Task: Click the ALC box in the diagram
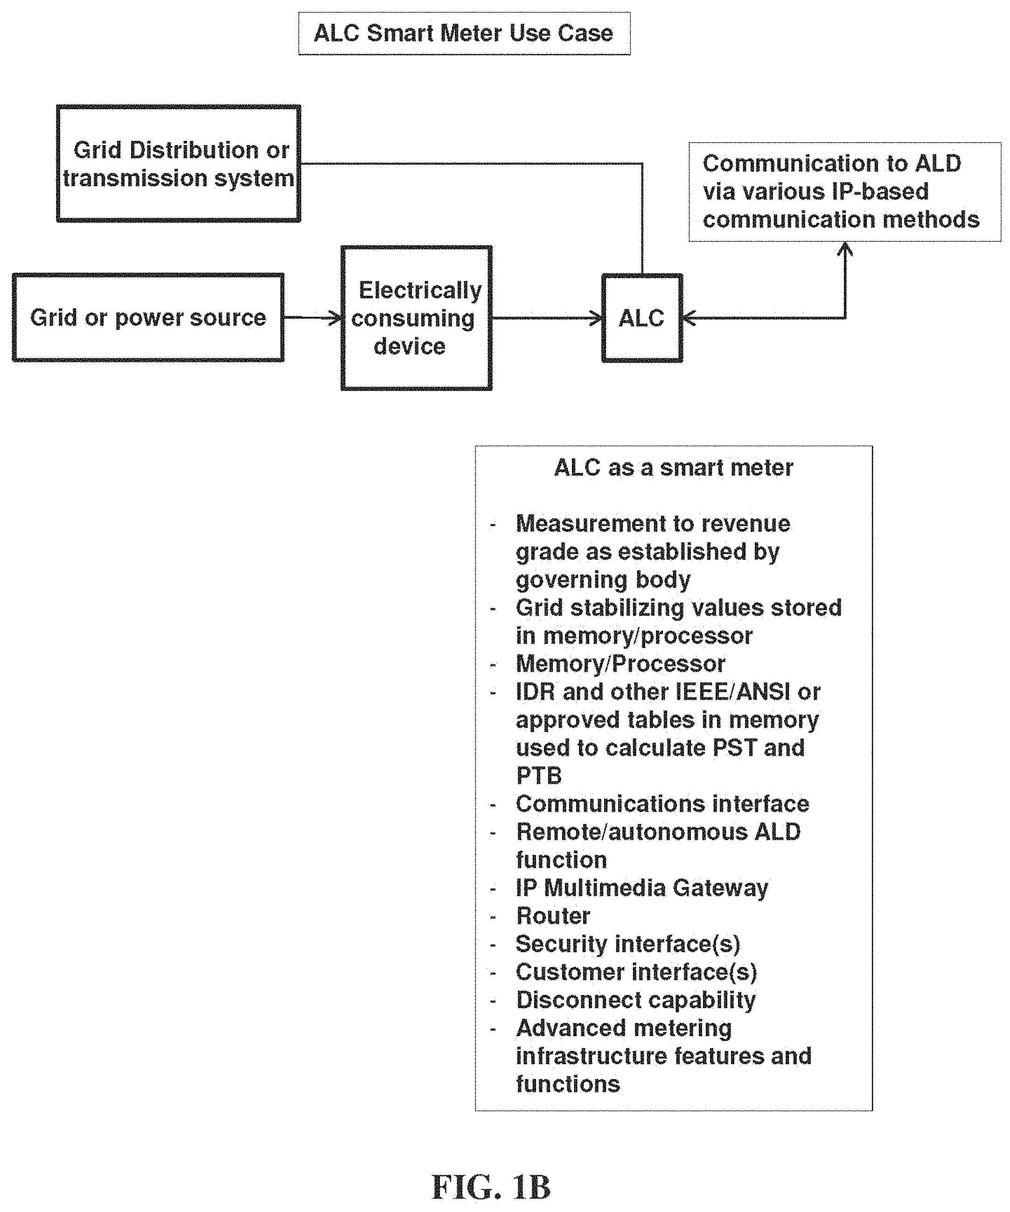point(642,318)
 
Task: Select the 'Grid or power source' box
point(148,317)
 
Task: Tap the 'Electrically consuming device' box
point(416,318)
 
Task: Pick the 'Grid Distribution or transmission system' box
point(178,163)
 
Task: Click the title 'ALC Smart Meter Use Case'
point(464,34)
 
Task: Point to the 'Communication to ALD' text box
point(844,192)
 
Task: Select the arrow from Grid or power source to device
point(313,317)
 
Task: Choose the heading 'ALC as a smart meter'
point(674,467)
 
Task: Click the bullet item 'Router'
point(553,916)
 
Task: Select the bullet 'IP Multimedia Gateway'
point(642,888)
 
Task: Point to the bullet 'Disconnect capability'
point(635,1000)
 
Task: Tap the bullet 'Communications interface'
point(662,804)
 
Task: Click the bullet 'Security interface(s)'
point(627,944)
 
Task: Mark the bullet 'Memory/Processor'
point(620,664)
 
